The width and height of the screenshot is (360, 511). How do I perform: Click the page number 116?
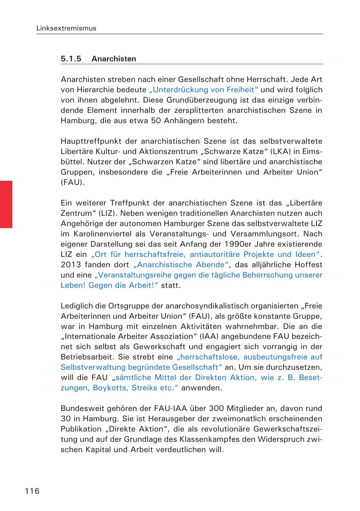(32, 491)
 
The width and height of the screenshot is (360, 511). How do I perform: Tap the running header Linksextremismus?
(66, 28)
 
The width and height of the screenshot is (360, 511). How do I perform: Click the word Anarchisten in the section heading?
(114, 59)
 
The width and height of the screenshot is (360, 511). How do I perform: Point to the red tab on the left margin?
(6, 204)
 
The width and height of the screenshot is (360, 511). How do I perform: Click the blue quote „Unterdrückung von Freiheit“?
(204, 90)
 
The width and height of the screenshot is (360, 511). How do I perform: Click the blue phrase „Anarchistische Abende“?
(179, 264)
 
